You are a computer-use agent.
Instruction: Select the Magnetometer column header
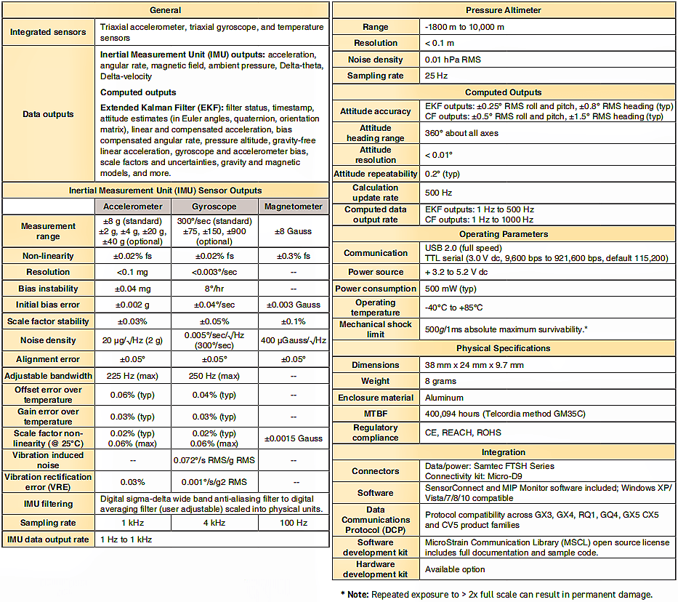click(293, 206)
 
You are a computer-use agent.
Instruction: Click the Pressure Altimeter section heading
click(504, 10)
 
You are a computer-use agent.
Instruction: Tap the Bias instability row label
click(48, 289)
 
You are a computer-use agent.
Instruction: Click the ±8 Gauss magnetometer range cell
click(293, 231)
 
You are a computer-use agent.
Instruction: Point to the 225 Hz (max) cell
click(133, 376)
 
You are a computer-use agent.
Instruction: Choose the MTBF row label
click(376, 414)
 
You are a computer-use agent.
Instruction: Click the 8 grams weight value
click(440, 381)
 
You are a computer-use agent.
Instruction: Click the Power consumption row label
click(376, 288)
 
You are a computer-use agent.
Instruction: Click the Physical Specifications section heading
click(504, 348)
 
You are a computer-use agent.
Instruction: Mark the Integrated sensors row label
click(48, 32)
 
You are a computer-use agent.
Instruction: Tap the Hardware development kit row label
click(376, 569)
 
